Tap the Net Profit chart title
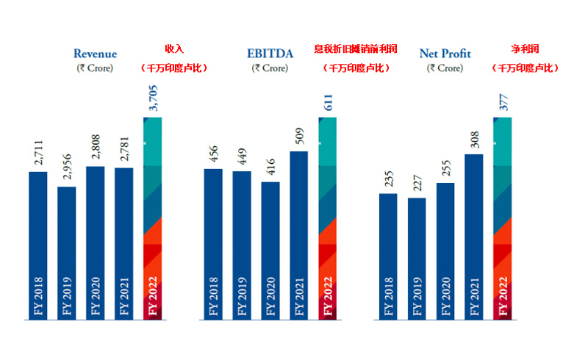coord(445,54)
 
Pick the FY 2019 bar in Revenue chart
coord(67,253)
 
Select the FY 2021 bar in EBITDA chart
coord(298,235)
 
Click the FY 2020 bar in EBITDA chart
coord(270,250)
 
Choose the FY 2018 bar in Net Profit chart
coord(389,256)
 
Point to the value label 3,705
coord(153,97)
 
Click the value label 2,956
coord(67,167)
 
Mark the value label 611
coord(327,104)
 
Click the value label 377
coord(503,104)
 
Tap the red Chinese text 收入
coord(173,49)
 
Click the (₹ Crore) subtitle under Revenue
coord(95,68)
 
